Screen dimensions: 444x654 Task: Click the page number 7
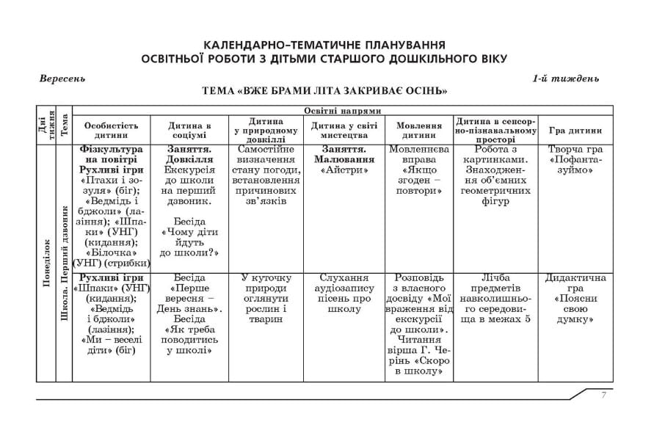(x=603, y=395)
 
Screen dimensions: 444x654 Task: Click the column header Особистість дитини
(x=111, y=130)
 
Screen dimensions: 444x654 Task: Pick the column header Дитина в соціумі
(x=189, y=130)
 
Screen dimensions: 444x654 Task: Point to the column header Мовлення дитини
(x=418, y=130)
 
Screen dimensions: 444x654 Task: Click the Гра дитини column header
(x=575, y=131)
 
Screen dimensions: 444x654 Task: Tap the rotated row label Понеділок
(x=46, y=263)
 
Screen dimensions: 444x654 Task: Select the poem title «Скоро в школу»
(x=419, y=366)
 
